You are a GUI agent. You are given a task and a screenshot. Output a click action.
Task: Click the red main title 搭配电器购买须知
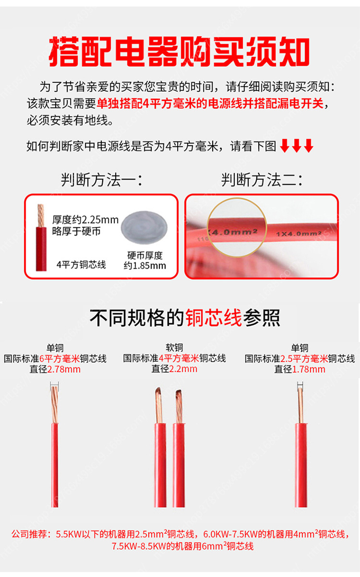click(x=179, y=51)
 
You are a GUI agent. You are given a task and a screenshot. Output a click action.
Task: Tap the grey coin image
click(x=144, y=227)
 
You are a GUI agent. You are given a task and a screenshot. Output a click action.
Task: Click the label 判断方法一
click(x=102, y=180)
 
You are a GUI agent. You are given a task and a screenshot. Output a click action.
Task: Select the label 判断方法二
click(x=262, y=180)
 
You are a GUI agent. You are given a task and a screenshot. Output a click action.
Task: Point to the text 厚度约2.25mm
click(x=85, y=220)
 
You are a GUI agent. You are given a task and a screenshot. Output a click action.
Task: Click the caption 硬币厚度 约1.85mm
click(x=144, y=260)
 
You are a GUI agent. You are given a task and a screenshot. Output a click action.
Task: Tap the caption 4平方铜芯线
click(x=81, y=265)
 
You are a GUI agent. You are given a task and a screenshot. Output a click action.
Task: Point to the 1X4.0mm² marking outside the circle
click(x=299, y=234)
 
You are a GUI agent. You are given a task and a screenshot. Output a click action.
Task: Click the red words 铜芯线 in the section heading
click(x=214, y=318)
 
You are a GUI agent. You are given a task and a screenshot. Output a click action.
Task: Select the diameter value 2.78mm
click(x=64, y=369)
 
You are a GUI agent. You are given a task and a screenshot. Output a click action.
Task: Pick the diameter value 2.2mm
click(x=183, y=369)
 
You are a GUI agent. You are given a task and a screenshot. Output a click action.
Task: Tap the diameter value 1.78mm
click(x=309, y=369)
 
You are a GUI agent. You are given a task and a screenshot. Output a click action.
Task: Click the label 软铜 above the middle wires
click(x=174, y=347)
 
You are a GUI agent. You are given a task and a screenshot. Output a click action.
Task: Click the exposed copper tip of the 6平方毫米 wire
click(x=54, y=404)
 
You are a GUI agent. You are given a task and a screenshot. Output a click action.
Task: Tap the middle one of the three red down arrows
click(x=296, y=145)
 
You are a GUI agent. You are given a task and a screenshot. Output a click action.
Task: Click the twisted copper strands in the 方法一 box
click(x=41, y=216)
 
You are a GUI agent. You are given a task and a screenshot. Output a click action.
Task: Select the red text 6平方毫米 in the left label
click(x=60, y=358)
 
